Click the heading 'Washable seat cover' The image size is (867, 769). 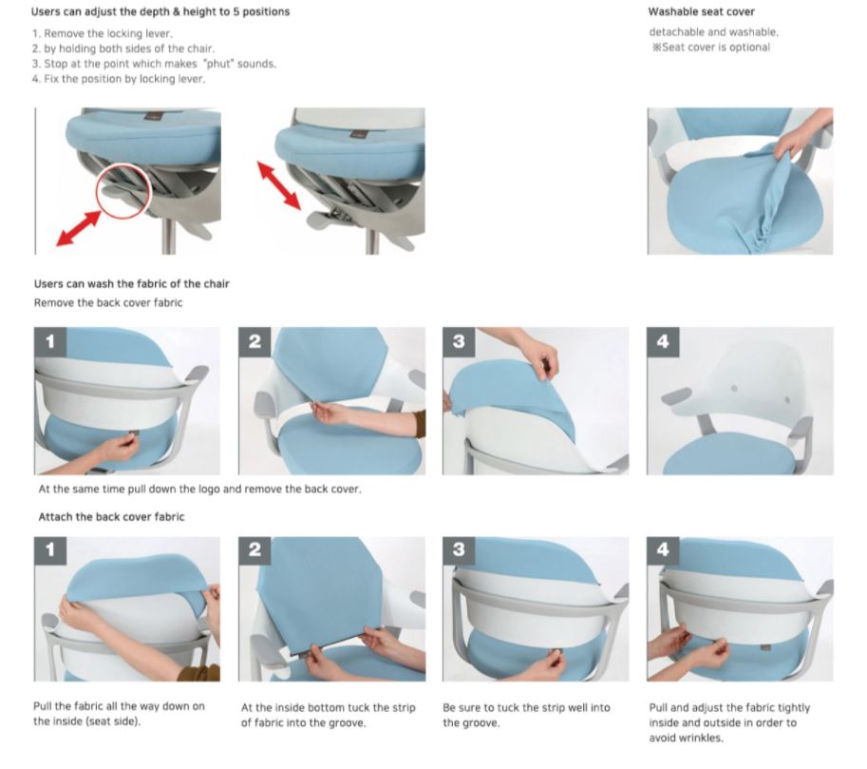[x=701, y=12]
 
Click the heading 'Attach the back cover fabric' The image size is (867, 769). [x=111, y=517]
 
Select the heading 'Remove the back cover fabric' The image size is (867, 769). [x=108, y=302]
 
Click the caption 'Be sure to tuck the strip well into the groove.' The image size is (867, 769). [x=526, y=715]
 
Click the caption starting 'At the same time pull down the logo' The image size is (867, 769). [x=199, y=490]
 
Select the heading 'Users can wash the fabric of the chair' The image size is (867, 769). [x=131, y=284]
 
